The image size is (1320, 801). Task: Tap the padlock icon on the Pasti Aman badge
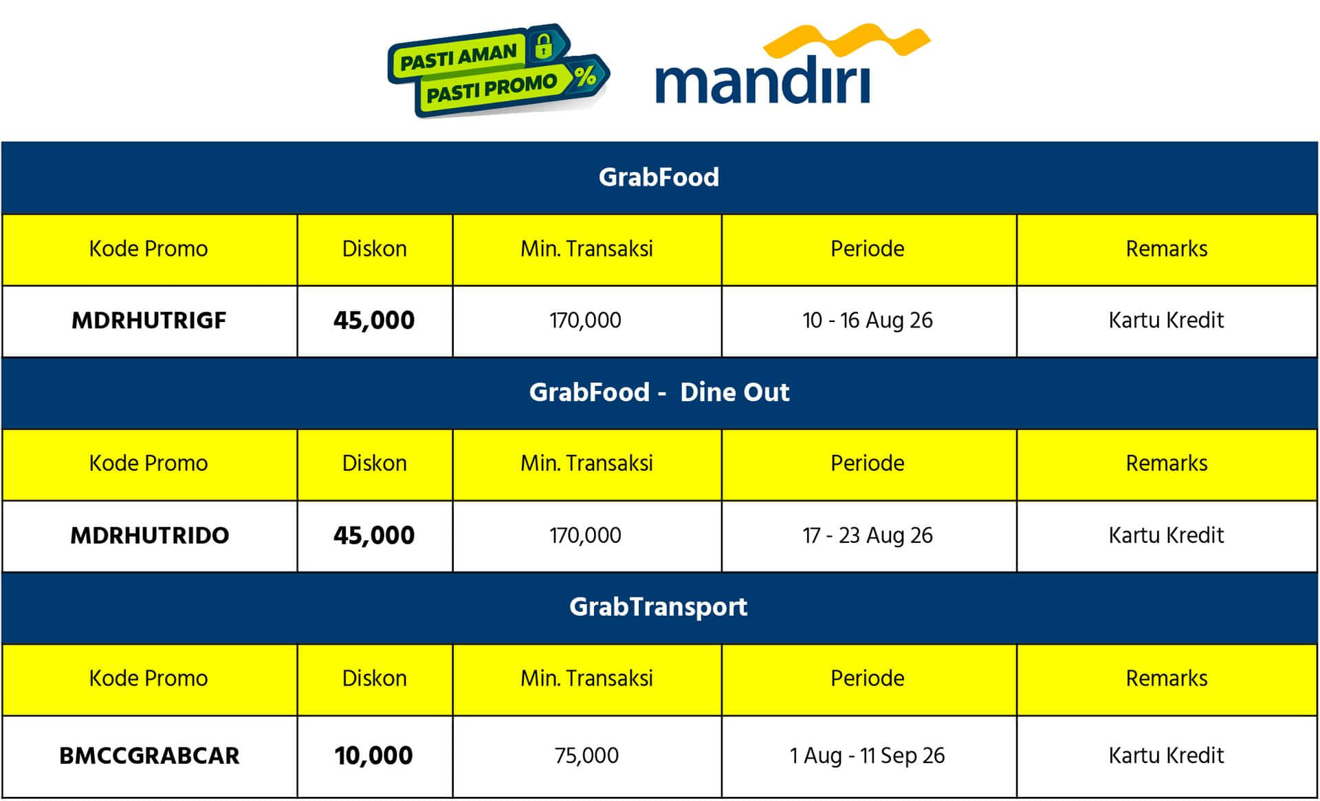pos(544,45)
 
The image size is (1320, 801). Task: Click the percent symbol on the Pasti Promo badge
pos(585,76)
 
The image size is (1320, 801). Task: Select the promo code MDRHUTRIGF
pos(149,321)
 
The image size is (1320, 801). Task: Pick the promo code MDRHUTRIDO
pos(150,535)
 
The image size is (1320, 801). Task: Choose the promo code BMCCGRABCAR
pos(150,756)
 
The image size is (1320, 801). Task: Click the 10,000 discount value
pos(374,756)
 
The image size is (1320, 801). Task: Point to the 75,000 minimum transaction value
pos(586,756)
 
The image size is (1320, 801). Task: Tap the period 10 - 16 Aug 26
pos(868,321)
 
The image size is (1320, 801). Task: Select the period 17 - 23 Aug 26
pos(868,535)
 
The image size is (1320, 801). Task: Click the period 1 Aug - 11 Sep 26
pos(868,756)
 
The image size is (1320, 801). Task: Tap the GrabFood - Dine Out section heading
pos(659,392)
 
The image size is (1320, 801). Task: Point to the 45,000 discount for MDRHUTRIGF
pos(374,321)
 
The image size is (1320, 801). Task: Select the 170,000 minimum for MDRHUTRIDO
pos(586,535)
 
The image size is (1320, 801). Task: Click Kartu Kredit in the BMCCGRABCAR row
pos(1167,756)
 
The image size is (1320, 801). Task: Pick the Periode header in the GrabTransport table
pos(868,679)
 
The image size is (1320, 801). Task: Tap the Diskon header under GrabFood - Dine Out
pos(375,463)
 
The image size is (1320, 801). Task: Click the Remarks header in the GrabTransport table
pos(1167,679)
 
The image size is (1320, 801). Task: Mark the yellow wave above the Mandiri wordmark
pos(847,41)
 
